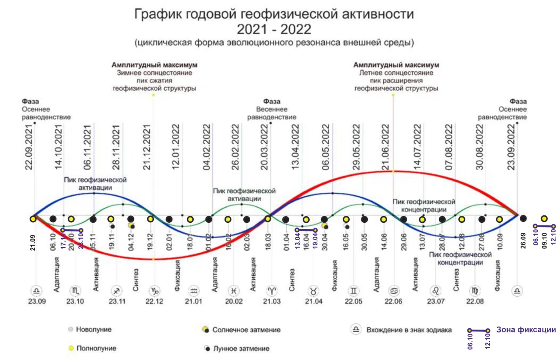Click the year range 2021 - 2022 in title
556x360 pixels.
pyautogui.click(x=274, y=30)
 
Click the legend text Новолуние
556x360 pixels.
pyautogui.click(x=93, y=330)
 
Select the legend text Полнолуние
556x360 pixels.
pyautogui.click(x=96, y=348)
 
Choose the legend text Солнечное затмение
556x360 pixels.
pyautogui.click(x=246, y=330)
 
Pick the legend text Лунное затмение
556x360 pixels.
pyautogui.click(x=241, y=349)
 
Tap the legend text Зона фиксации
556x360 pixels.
pyautogui.click(x=526, y=330)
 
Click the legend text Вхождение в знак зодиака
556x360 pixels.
pyautogui.click(x=409, y=330)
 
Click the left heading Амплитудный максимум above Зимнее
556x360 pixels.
pyautogui.click(x=154, y=65)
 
